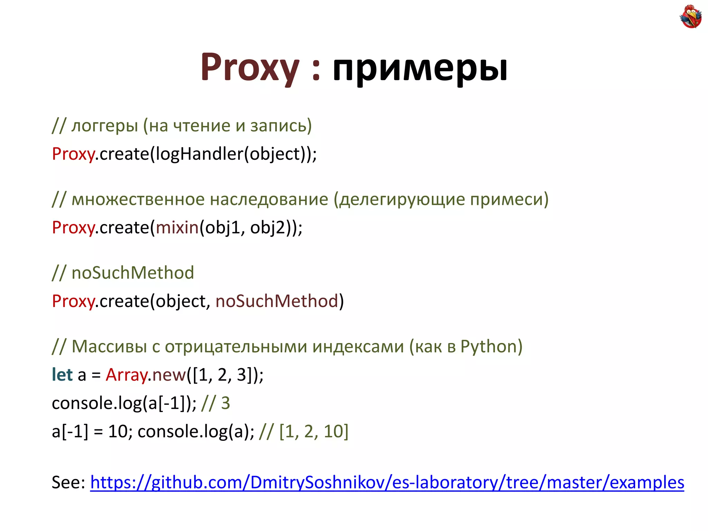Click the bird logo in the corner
[x=690, y=16]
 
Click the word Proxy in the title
[x=250, y=67]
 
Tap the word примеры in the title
[x=420, y=68]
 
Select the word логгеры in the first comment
[x=105, y=126]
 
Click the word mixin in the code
[x=177, y=228]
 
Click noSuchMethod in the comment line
[x=133, y=273]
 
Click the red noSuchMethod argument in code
[x=277, y=301]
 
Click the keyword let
[x=62, y=375]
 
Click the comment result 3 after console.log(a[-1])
[x=225, y=403]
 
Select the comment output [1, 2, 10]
[x=314, y=431]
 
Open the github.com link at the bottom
[x=387, y=483]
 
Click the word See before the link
[x=68, y=483]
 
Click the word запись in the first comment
[x=278, y=126]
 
